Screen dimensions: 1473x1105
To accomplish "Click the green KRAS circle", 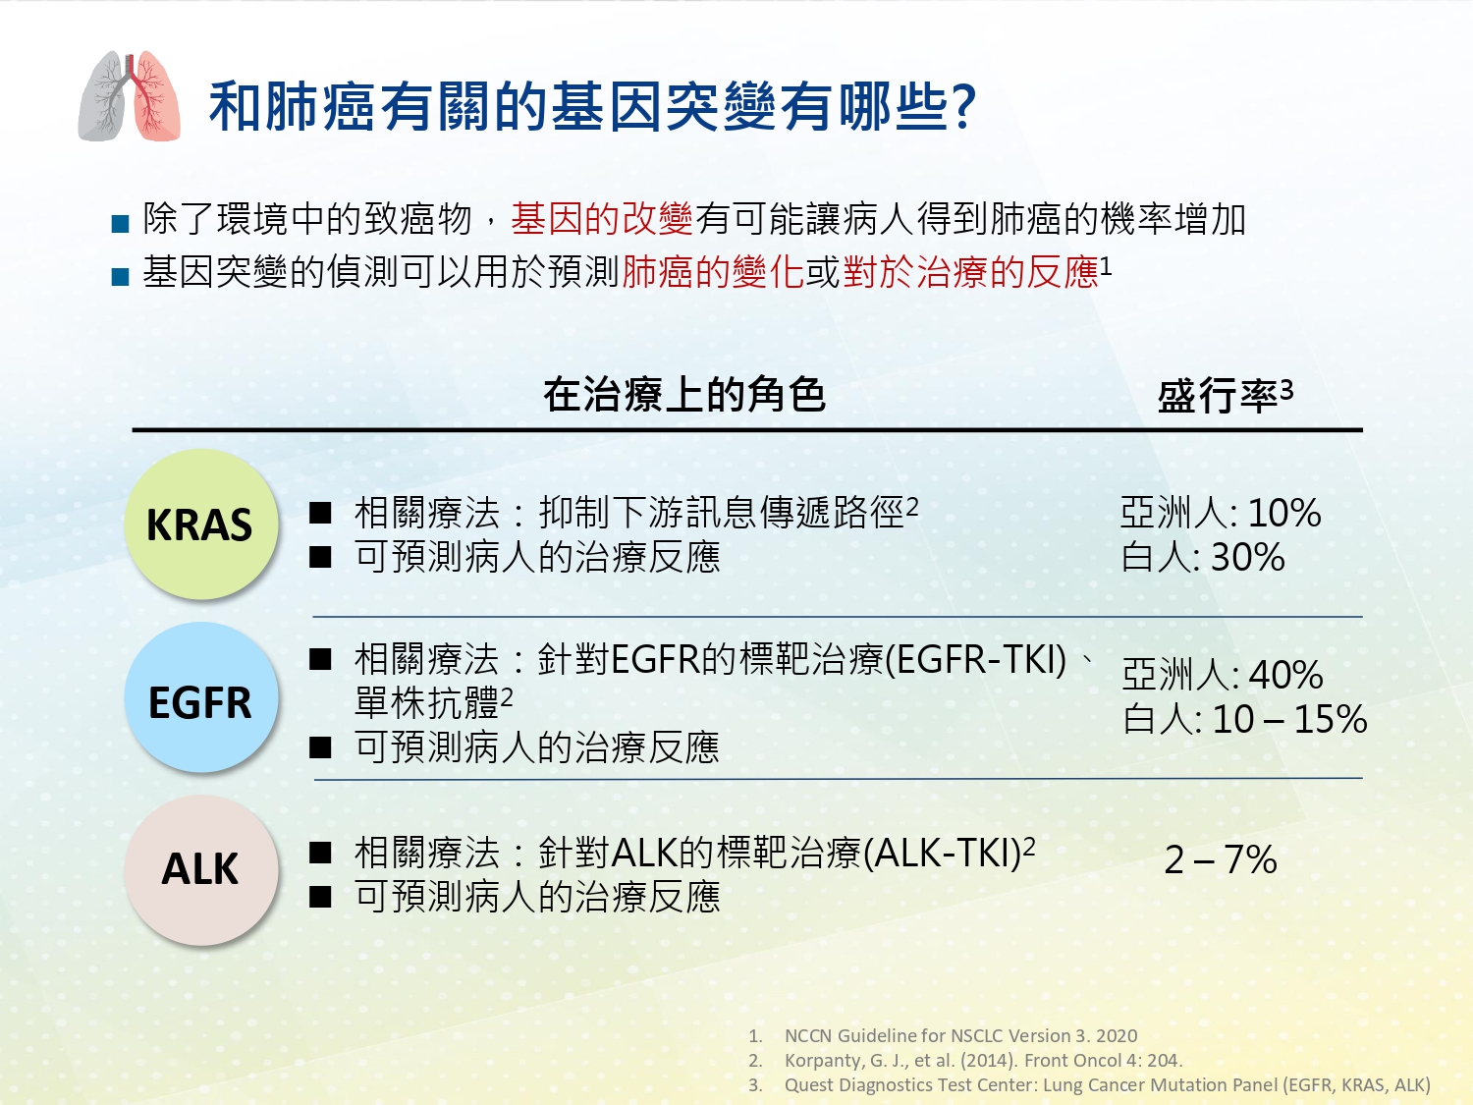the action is (201, 524).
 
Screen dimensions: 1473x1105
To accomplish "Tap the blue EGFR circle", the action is (201, 697).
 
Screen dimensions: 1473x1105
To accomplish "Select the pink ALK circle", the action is (201, 870).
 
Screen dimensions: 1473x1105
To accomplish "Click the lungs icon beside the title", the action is (129, 95).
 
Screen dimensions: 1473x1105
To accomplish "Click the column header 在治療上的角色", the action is (683, 394).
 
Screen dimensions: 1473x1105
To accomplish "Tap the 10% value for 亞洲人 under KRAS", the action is (1284, 514).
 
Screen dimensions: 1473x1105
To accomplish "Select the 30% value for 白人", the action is (1247, 558).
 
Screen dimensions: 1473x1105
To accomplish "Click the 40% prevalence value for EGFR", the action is (1285, 675).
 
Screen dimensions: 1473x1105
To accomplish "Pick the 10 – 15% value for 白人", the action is (1289, 719).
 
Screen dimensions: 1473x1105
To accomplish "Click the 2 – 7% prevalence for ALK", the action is (1221, 860).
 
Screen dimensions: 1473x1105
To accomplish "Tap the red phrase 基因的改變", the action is (602, 219).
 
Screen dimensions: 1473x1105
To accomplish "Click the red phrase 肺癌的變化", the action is (713, 272).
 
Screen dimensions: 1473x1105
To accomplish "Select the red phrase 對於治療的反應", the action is (970, 272).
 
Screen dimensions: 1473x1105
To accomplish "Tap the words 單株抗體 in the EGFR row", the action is (427, 703).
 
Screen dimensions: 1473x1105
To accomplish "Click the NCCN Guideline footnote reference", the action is (960, 1035).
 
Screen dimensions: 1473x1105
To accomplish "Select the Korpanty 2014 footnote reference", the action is (983, 1060).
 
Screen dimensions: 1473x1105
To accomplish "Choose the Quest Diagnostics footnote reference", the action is (1108, 1085).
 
